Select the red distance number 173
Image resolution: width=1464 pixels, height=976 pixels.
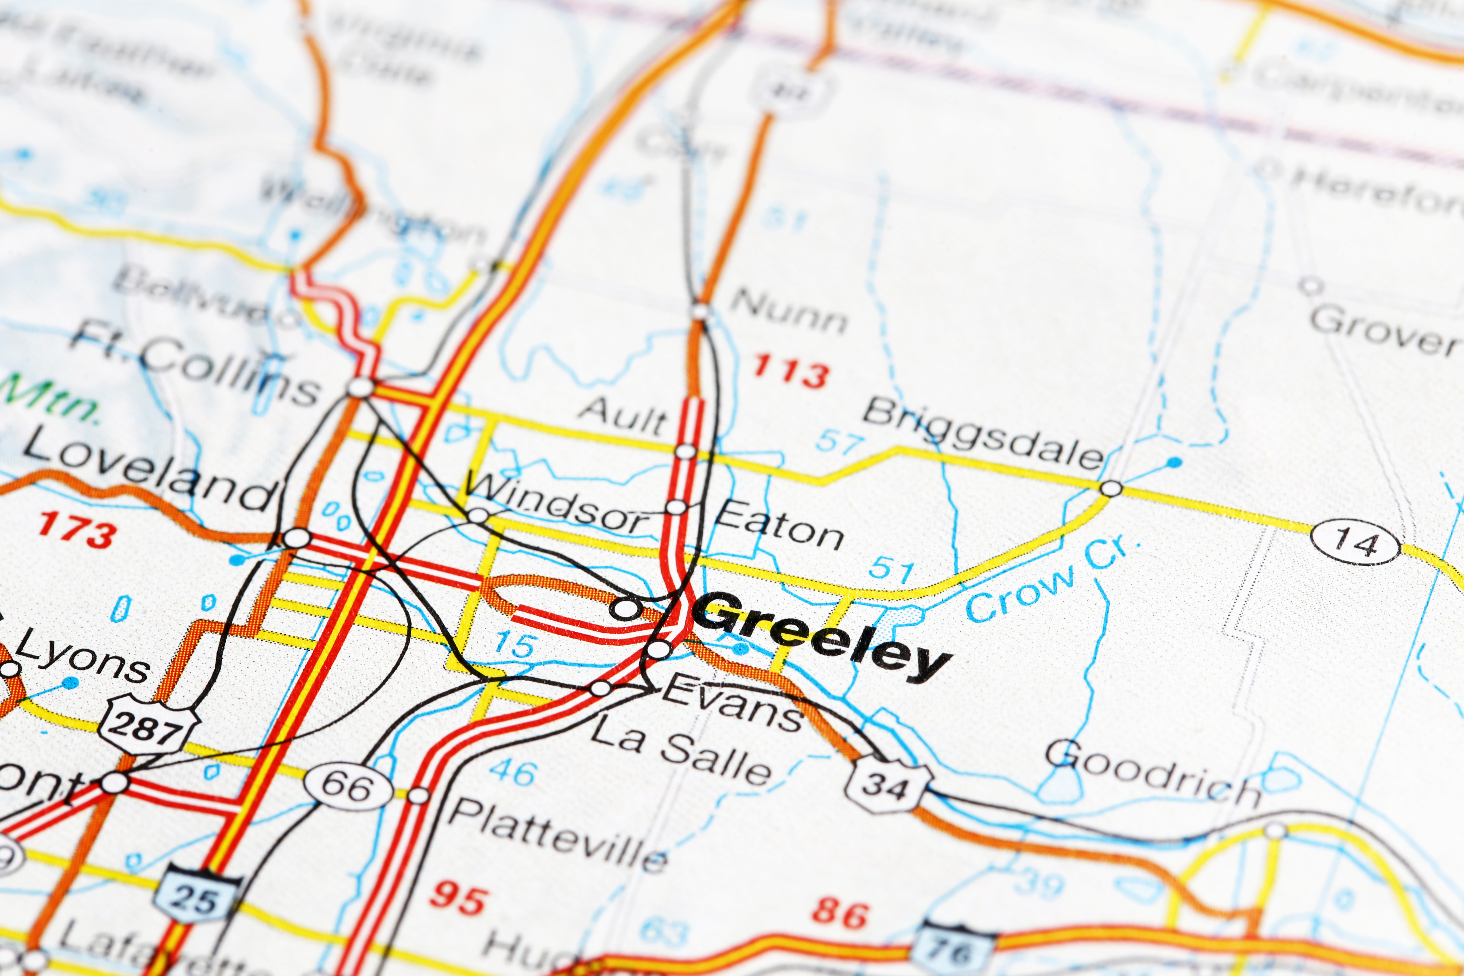(77, 531)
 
